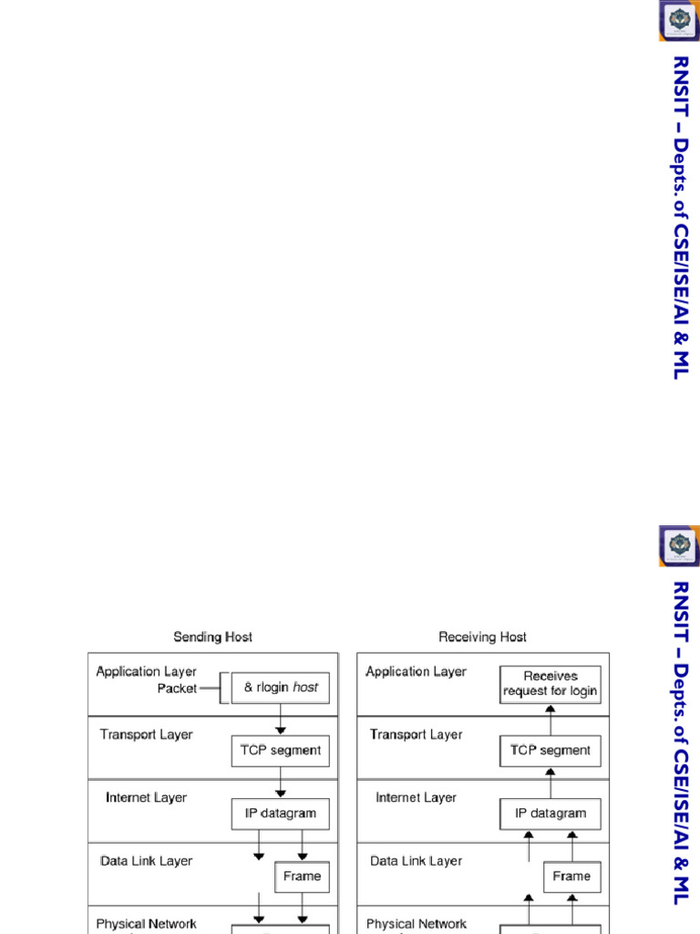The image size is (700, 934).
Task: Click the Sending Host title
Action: pyautogui.click(x=212, y=637)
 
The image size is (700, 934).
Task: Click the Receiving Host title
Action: pyautogui.click(x=482, y=637)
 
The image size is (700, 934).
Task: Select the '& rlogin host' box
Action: pyautogui.click(x=280, y=688)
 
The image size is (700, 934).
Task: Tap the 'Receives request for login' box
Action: pyautogui.click(x=550, y=684)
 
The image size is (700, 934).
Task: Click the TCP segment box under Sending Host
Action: pyautogui.click(x=280, y=751)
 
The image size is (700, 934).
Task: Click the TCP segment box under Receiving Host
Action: pyautogui.click(x=550, y=751)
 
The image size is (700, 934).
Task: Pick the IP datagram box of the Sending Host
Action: pyautogui.click(x=280, y=814)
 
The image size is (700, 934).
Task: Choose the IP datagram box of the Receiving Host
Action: pyautogui.click(x=550, y=814)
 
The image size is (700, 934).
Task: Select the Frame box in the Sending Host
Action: pyautogui.click(x=302, y=877)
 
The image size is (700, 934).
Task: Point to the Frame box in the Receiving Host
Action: pyautogui.click(x=571, y=877)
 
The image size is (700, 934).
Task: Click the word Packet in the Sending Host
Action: pyautogui.click(x=177, y=689)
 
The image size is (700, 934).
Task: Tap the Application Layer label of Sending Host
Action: pyautogui.click(x=146, y=671)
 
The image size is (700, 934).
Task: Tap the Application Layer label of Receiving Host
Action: pyautogui.click(x=416, y=671)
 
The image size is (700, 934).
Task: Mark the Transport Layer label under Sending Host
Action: pyautogui.click(x=146, y=734)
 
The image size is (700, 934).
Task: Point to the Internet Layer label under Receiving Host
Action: pyautogui.click(x=416, y=797)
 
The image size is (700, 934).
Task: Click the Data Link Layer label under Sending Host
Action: pyautogui.click(x=146, y=860)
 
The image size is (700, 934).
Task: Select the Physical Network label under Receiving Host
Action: pyautogui.click(x=417, y=924)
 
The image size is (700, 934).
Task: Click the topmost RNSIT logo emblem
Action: pyautogui.click(x=679, y=20)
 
